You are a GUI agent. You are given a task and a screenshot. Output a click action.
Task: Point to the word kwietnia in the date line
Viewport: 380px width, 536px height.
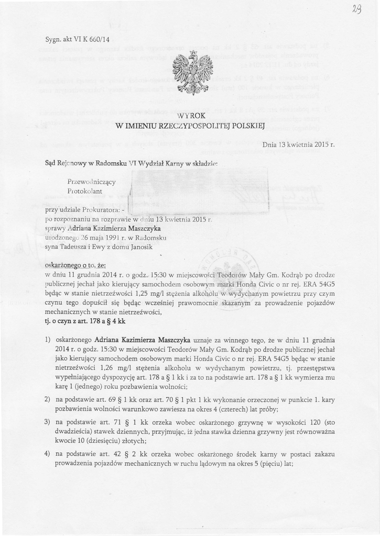301,144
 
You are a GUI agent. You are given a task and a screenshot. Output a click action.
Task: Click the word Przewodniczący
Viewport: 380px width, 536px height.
92,182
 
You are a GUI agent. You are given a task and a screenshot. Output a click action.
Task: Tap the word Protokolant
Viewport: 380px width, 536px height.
84,191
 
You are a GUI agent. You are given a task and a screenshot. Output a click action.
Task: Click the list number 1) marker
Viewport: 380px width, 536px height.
48,339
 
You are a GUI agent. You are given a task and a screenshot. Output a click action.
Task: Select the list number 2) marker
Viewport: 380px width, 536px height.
48,399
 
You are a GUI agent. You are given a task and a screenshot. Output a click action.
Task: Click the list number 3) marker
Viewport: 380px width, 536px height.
48,422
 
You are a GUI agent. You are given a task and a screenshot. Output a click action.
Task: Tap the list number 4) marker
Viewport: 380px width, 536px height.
48,454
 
